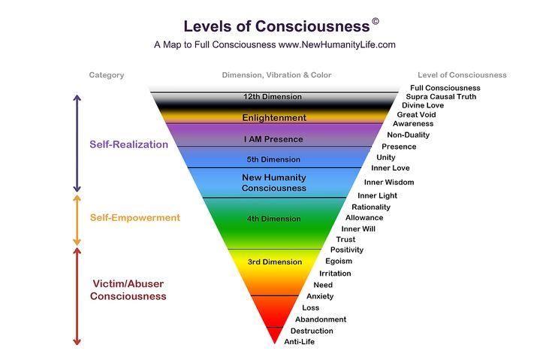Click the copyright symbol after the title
coord(375,22)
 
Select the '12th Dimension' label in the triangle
coord(273,97)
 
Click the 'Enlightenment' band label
coord(274,118)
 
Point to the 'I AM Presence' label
coord(273,139)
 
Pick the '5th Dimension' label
coord(273,159)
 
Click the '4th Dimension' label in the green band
coord(273,219)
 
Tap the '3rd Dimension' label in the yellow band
coord(275,262)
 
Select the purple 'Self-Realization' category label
coord(129,144)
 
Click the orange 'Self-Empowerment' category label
coord(135,218)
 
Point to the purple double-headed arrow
coord(77,142)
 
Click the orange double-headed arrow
coord(77,219)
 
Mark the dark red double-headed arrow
coord(77,295)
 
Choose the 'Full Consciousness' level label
coord(445,88)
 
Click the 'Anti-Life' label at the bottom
coord(299,342)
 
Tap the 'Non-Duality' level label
coord(409,135)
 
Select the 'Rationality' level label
coord(371,207)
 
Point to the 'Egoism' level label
coord(339,261)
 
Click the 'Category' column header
coord(107,75)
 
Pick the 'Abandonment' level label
coord(321,319)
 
